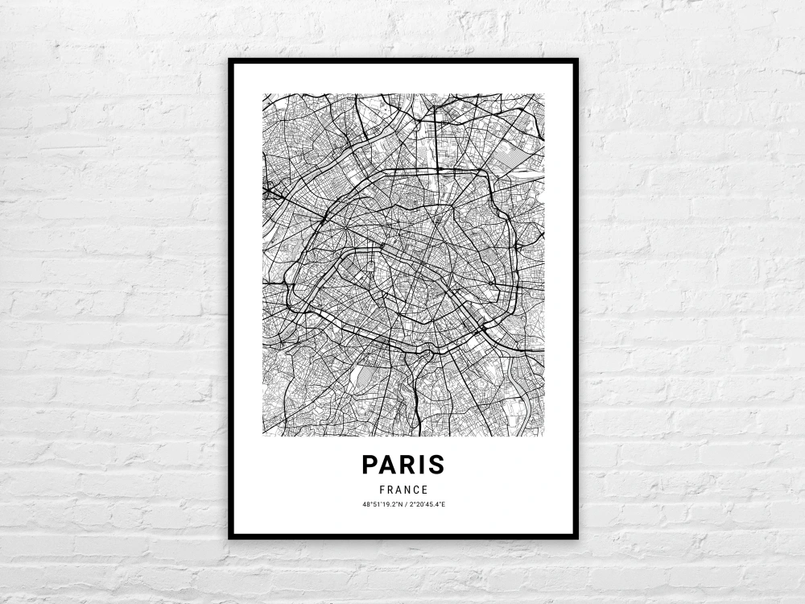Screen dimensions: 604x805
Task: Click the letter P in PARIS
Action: coord(370,465)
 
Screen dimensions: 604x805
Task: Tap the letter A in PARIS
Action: coord(388,465)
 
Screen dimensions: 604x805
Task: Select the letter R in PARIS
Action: coord(407,465)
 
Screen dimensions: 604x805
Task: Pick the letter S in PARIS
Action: coord(436,465)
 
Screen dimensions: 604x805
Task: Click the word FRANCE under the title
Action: coord(403,490)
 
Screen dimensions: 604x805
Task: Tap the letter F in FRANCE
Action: coord(381,490)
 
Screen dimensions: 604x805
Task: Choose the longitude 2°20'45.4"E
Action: coord(427,505)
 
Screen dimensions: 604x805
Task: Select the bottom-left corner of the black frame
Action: coord(230,536)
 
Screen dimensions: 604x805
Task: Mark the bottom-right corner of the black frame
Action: coord(576,536)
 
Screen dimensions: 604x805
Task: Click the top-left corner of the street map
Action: coord(263,94)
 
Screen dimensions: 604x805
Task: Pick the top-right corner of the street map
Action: coord(543,94)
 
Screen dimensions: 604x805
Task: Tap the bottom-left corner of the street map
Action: coord(263,436)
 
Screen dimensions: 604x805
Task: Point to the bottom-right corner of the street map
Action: coord(543,436)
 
